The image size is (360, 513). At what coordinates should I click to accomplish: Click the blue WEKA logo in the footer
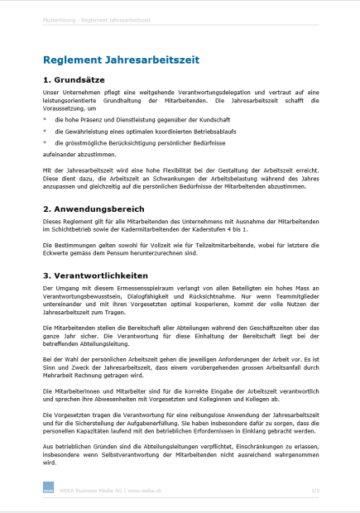pos(48,490)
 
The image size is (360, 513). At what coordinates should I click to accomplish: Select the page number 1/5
pos(314,491)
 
